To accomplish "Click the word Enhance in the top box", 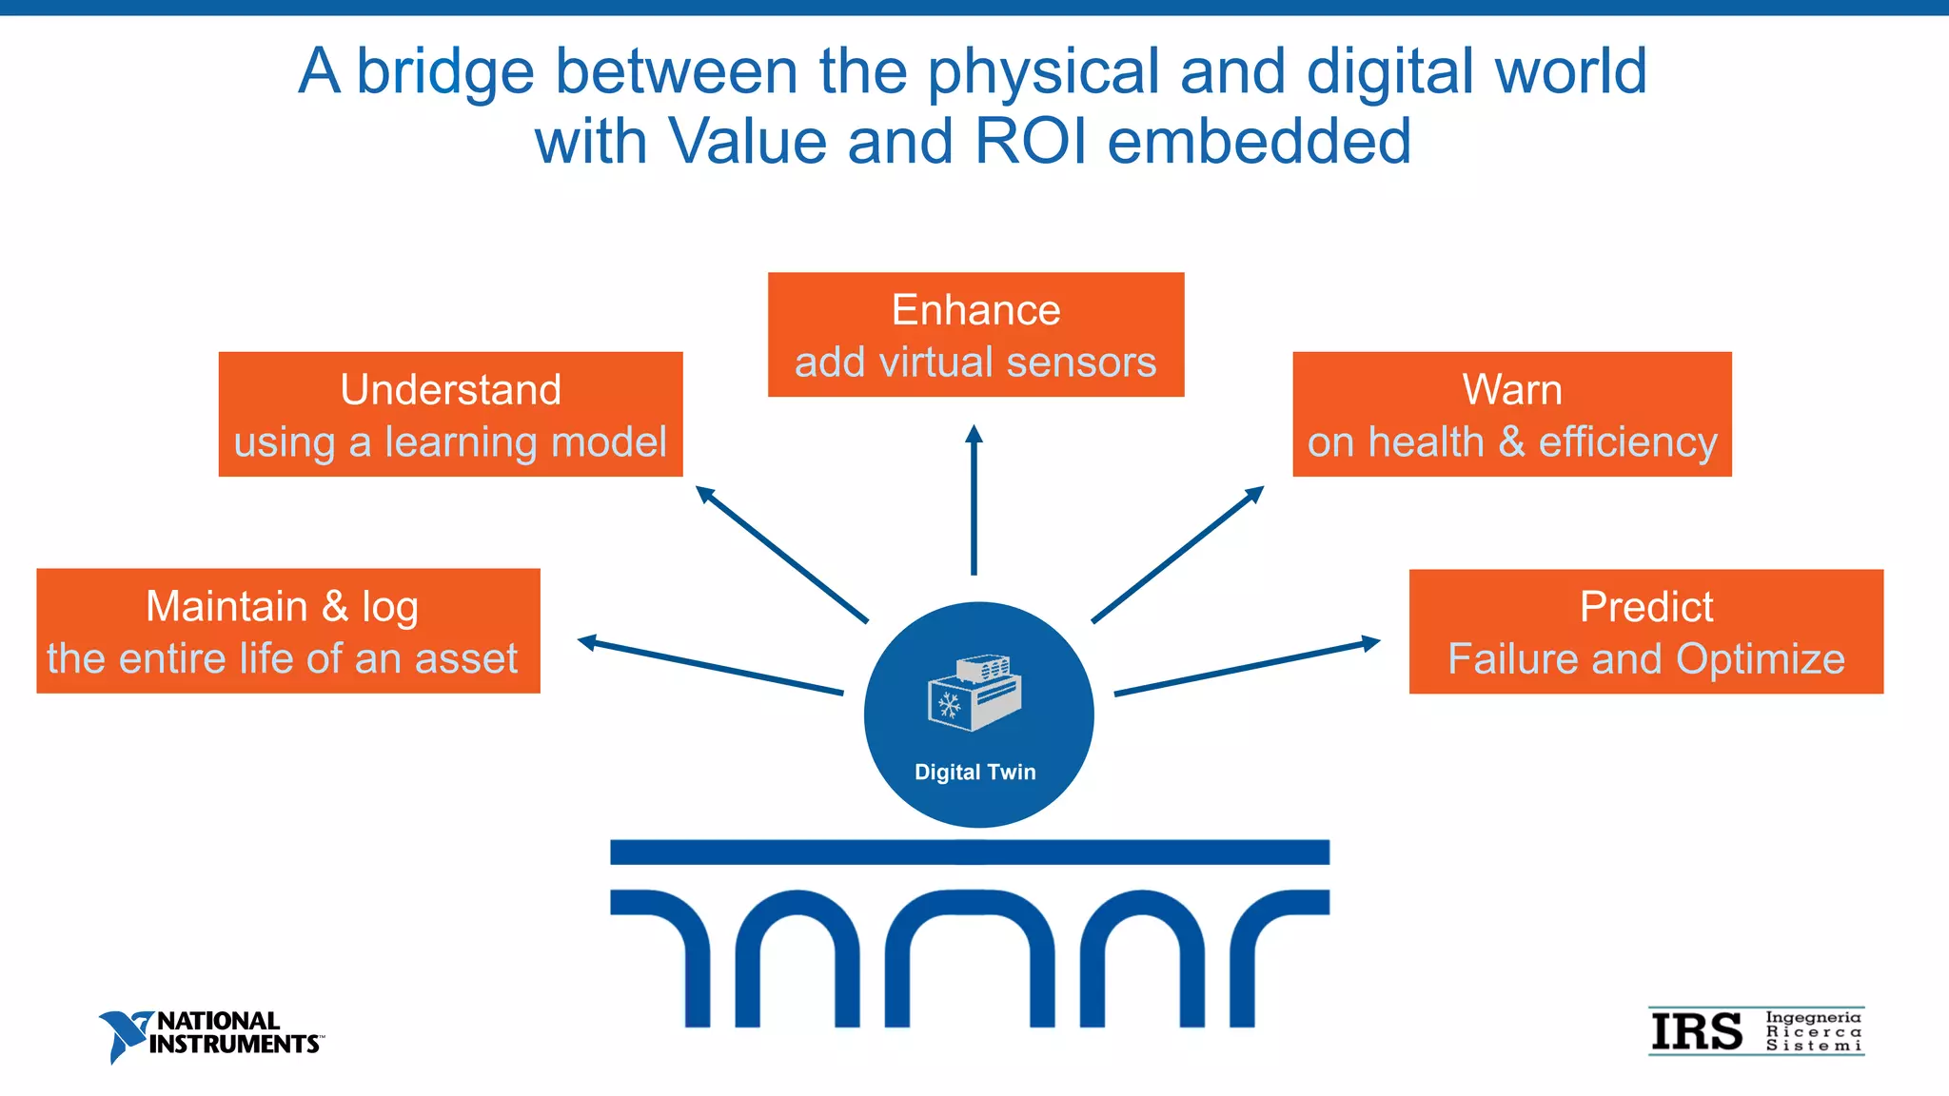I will point(975,311).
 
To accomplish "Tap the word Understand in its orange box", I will point(450,390).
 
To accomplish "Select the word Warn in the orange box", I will point(1511,390).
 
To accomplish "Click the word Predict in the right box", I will point(1645,607).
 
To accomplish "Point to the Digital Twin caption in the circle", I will point(974,773).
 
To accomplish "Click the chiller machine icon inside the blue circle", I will point(974,694).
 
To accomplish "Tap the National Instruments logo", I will point(211,1035).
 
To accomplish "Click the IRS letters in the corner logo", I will point(1697,1033).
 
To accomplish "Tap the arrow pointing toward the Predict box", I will point(1247,667).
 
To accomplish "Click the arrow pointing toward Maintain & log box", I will point(710,666).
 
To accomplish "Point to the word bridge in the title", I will point(444,72).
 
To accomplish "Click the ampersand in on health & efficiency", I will point(1511,442).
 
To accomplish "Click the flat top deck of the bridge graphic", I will point(969,851).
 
